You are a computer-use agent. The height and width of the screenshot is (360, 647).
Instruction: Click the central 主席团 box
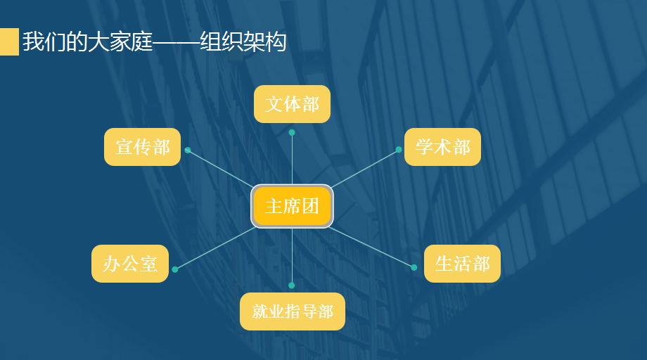(x=292, y=206)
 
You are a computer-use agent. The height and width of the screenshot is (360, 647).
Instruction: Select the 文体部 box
(x=292, y=104)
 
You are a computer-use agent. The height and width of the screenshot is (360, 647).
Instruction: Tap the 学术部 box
(x=442, y=147)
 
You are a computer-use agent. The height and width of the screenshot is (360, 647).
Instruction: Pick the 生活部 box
(x=462, y=264)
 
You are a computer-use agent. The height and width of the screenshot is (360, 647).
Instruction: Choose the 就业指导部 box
(x=293, y=311)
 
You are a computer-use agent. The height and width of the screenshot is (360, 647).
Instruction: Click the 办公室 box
(x=130, y=264)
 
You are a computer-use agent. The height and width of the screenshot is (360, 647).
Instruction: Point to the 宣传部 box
(x=143, y=147)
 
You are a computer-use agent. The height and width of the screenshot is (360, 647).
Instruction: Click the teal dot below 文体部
(x=292, y=132)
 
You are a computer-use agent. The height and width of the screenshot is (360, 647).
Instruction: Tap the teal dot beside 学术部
(x=399, y=150)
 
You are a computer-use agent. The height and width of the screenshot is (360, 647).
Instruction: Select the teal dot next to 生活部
(x=414, y=267)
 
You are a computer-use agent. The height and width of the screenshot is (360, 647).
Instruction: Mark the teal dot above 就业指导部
(x=292, y=285)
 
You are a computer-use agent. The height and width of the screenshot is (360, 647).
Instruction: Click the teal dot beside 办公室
(x=175, y=269)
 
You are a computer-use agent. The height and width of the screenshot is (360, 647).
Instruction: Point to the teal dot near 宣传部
(x=188, y=150)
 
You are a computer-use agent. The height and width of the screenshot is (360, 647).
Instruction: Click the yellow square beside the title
(x=9, y=42)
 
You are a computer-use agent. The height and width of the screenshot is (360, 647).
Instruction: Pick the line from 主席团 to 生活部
(x=371, y=247)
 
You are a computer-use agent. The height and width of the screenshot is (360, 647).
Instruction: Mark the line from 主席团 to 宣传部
(x=219, y=168)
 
